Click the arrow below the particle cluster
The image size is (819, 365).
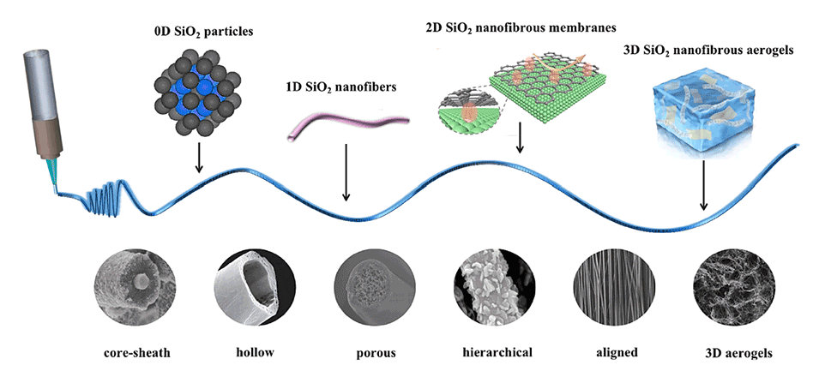pos(199,158)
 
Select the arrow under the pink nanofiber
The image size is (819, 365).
pos(346,171)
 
